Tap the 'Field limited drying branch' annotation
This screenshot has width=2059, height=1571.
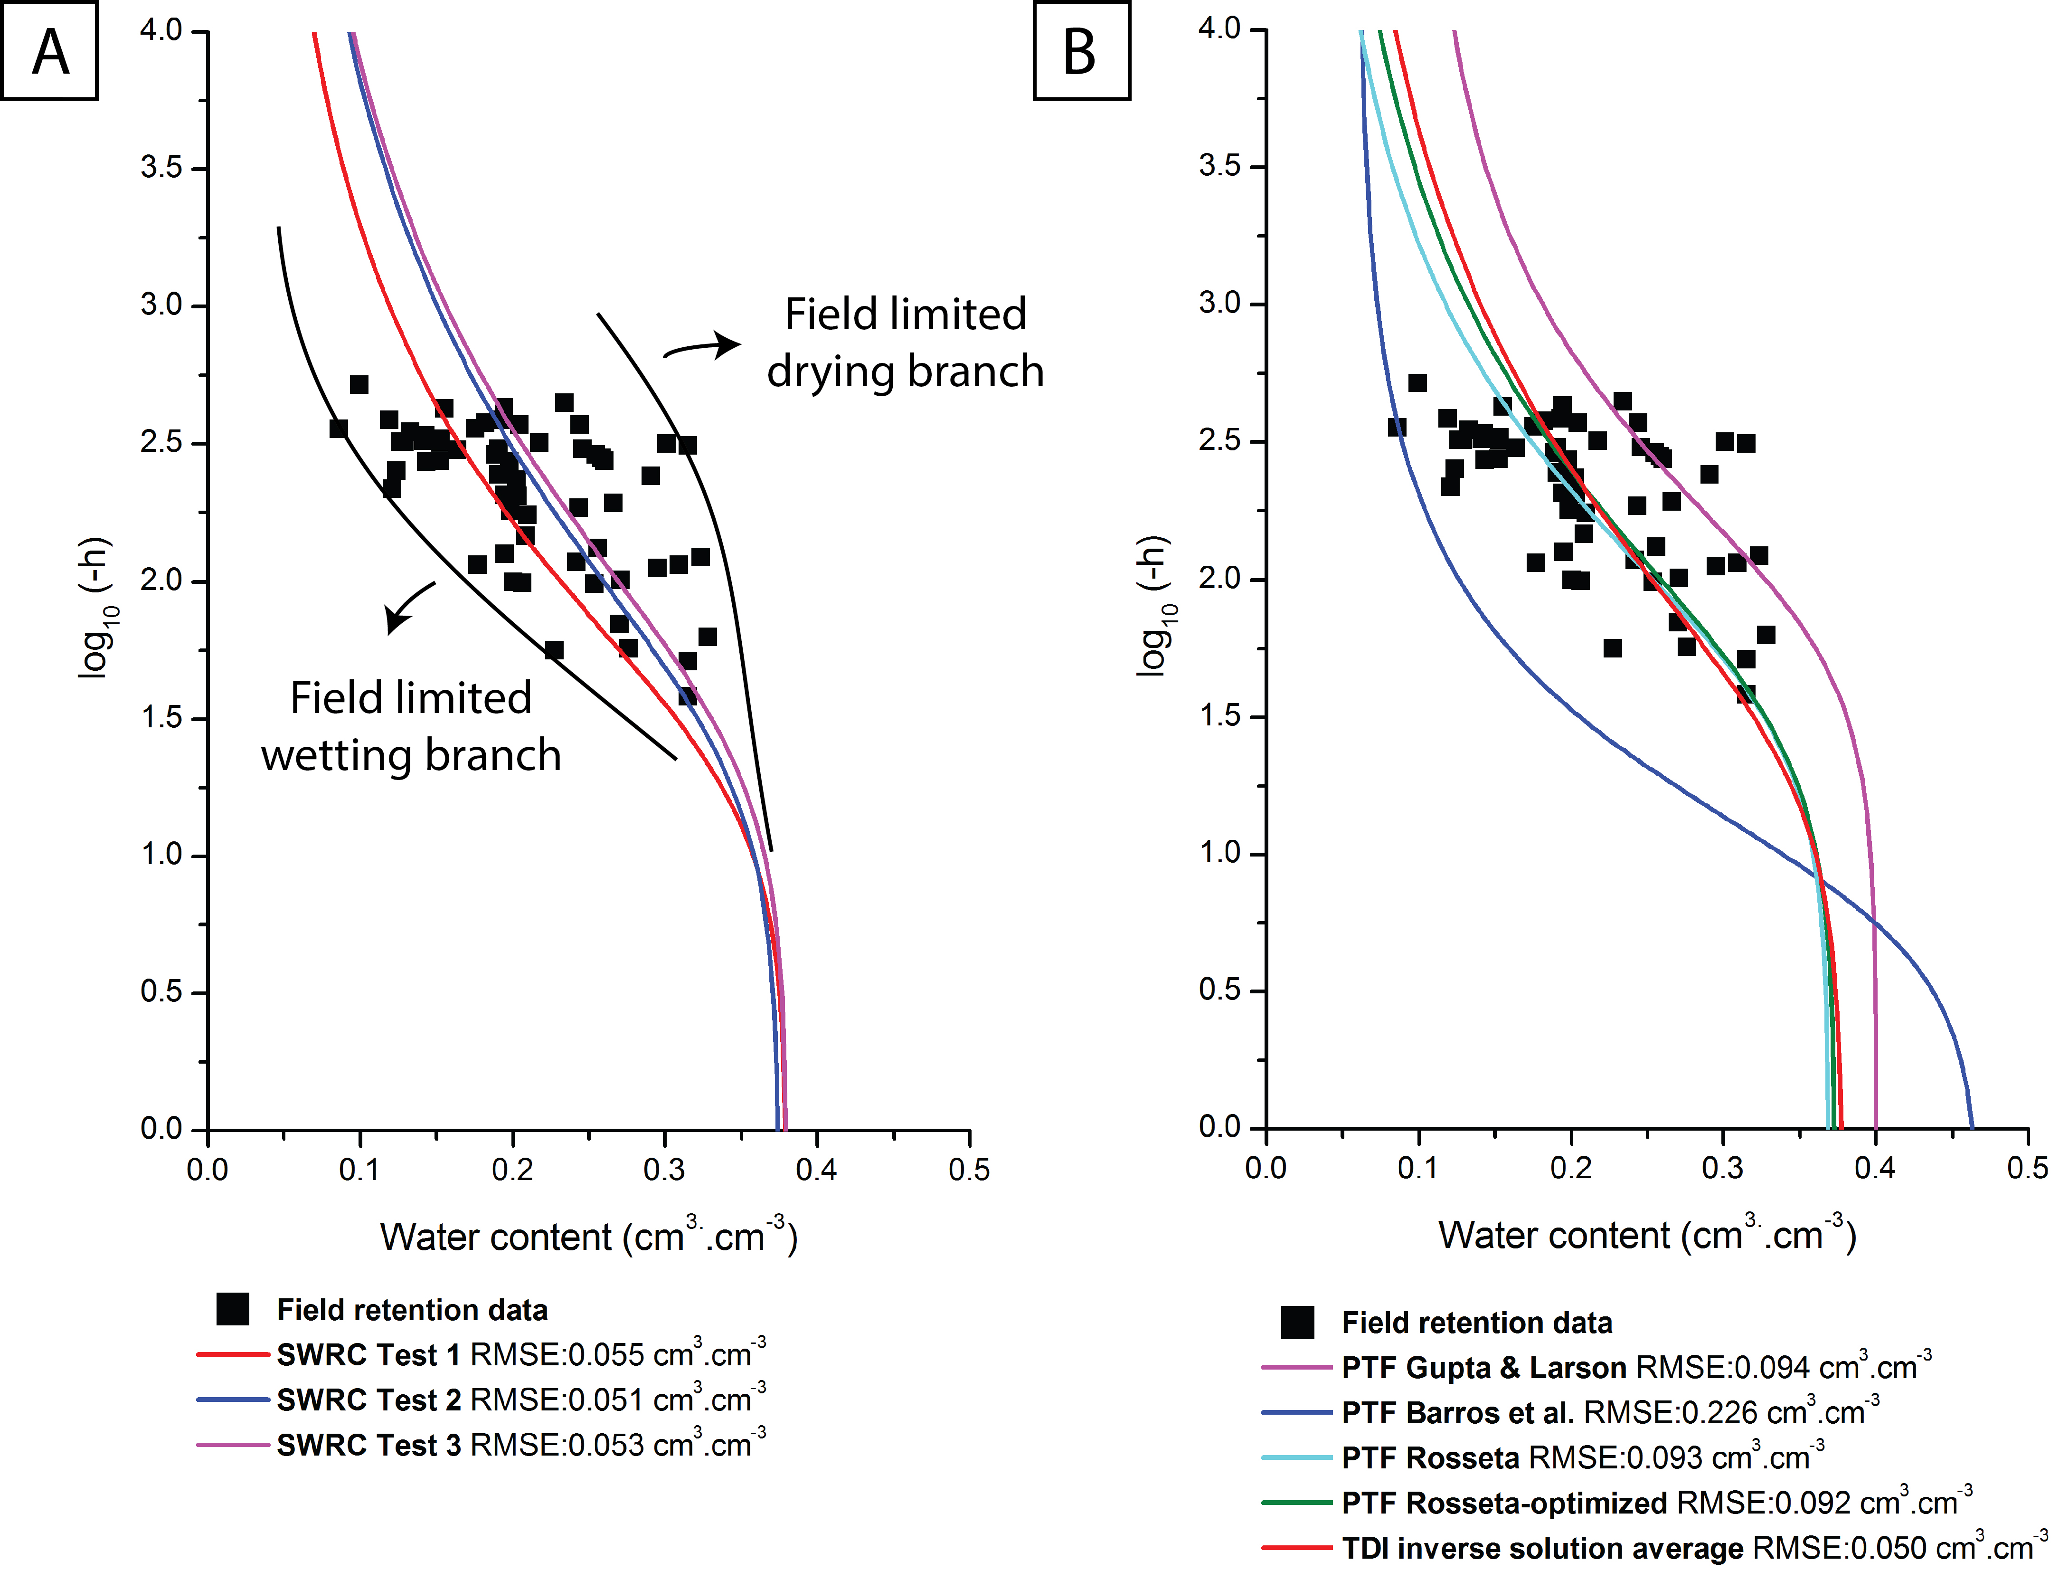pos(905,342)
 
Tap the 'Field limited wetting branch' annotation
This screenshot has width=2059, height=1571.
pos(411,726)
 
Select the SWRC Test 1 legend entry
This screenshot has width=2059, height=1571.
pos(482,1355)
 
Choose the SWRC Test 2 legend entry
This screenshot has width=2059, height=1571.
pos(482,1400)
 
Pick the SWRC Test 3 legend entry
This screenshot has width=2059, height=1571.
pos(482,1445)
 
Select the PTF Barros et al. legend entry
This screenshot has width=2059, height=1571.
pos(1570,1413)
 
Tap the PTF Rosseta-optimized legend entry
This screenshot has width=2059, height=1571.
pos(1617,1503)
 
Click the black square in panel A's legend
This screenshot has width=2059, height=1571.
pos(233,1309)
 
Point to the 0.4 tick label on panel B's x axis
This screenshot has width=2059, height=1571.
pos(1875,1168)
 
